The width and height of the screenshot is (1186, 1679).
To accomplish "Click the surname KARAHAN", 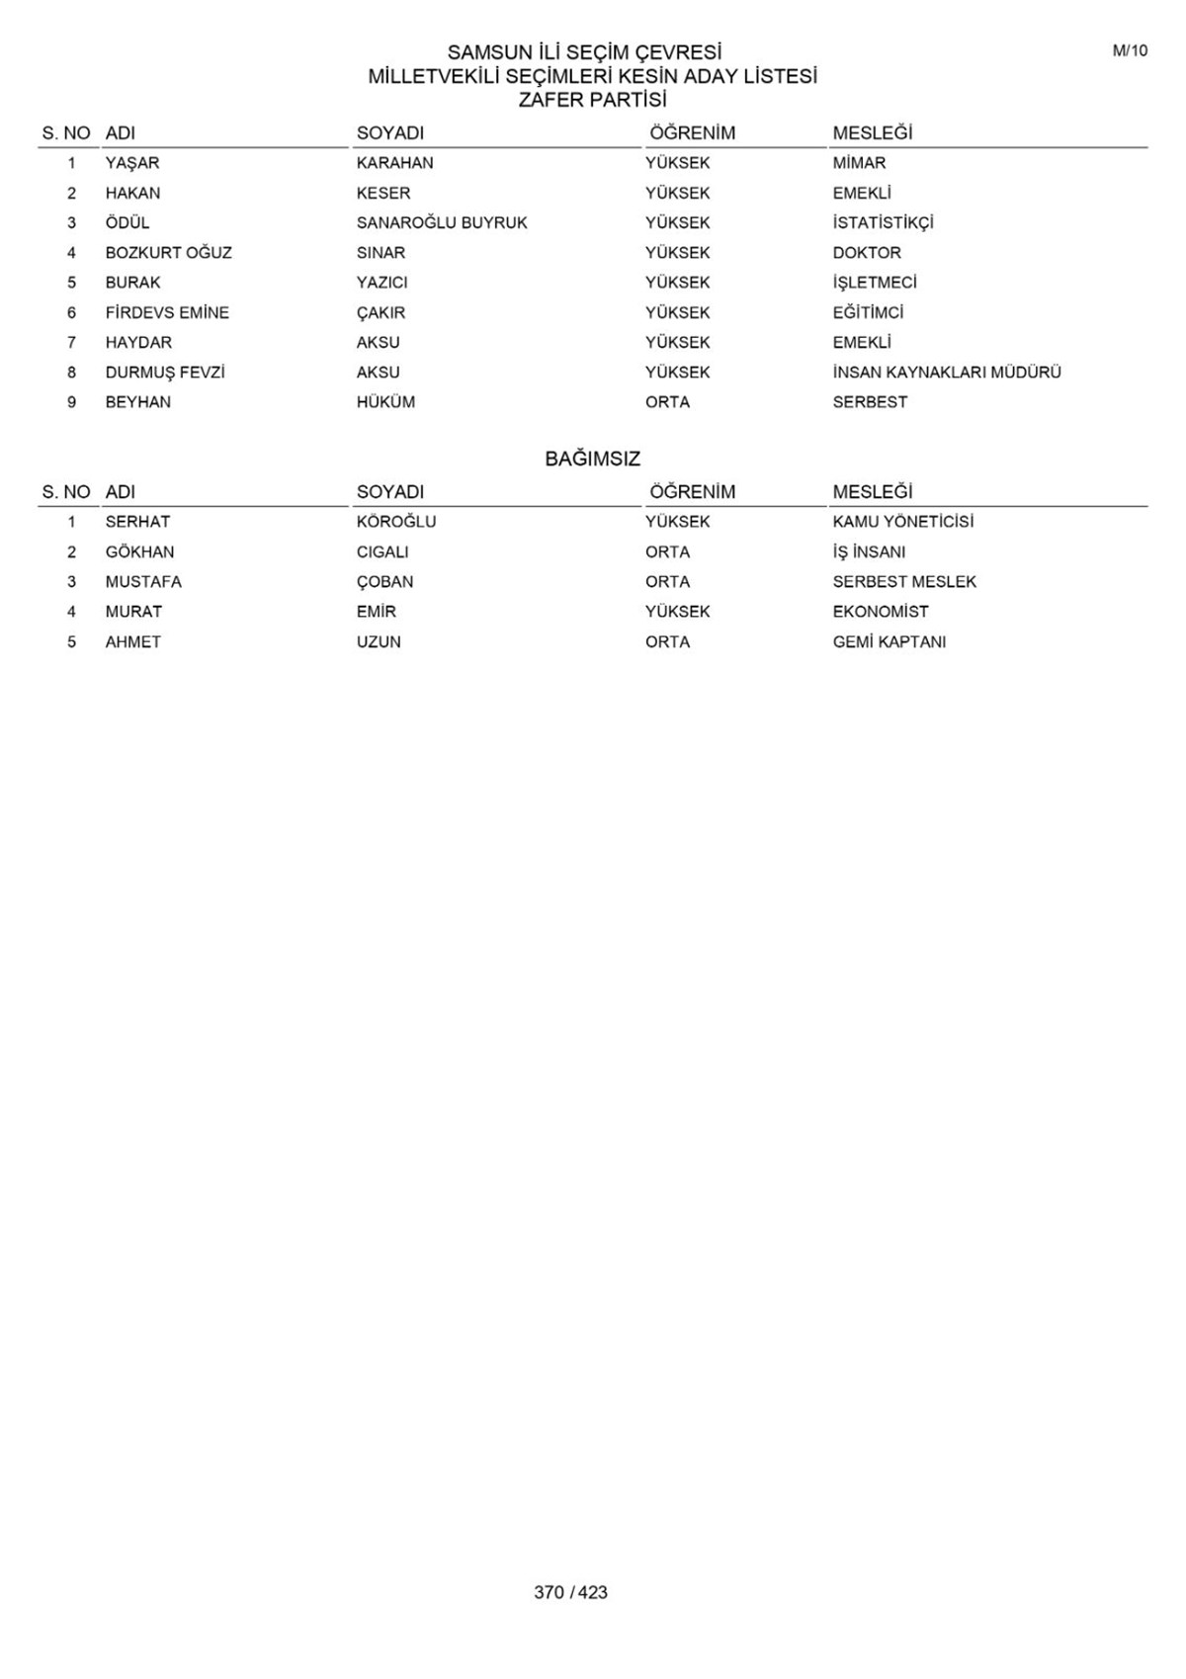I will [394, 163].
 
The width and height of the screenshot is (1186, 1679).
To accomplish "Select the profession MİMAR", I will [859, 163].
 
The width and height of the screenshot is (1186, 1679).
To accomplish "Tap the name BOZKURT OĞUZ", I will [168, 253].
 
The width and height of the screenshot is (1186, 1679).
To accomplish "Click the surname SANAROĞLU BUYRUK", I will [442, 223].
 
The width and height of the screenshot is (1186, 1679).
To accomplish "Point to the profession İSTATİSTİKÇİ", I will [883, 223].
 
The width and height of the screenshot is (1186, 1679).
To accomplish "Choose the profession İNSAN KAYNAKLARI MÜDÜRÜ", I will [946, 373].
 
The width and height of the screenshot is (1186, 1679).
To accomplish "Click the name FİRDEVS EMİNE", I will [167, 312].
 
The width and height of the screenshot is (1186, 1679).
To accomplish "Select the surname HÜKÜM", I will [385, 402].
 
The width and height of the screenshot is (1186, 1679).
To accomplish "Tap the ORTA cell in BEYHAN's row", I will [667, 402].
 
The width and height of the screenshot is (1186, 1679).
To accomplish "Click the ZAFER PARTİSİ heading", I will [592, 100].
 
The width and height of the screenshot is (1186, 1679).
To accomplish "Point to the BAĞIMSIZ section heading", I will [592, 459].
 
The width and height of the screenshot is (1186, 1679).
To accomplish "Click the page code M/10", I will [1130, 51].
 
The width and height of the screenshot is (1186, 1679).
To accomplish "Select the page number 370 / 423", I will [570, 1592].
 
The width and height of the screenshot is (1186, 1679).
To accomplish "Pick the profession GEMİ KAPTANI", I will [889, 642].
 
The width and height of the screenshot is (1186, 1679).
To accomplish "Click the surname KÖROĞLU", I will [395, 522].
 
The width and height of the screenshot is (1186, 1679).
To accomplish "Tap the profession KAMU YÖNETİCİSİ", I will [902, 522].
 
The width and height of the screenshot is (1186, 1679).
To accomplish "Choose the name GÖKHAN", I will [139, 552].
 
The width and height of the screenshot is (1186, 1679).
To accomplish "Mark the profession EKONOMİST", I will [880, 612].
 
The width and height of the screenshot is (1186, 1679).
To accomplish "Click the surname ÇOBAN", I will [384, 582].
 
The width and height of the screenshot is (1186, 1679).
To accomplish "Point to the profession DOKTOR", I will [866, 253].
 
